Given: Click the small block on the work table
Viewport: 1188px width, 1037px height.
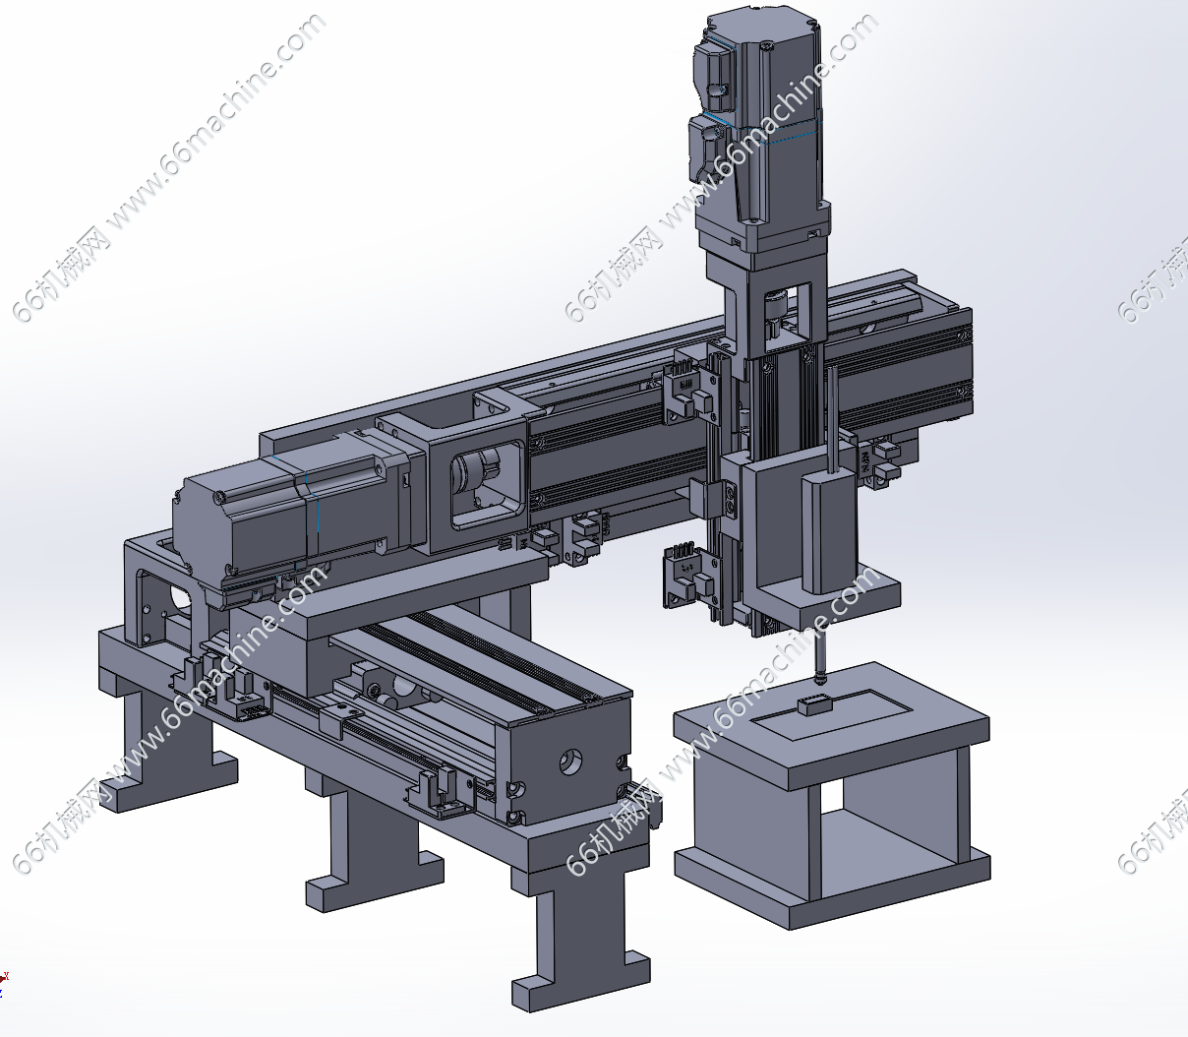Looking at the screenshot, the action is tap(814, 705).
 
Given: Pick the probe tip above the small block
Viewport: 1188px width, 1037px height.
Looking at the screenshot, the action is tap(820, 679).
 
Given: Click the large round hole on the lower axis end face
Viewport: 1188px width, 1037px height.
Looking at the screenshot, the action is tap(570, 762).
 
